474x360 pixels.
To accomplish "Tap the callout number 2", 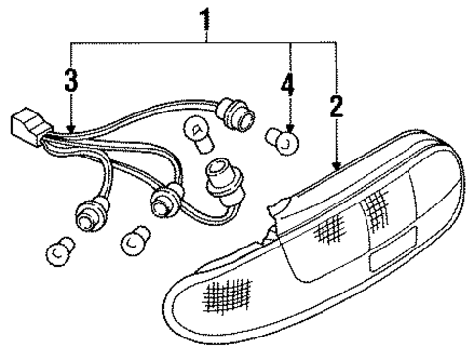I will point(337,107).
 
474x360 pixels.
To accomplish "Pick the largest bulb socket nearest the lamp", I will point(226,185).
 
